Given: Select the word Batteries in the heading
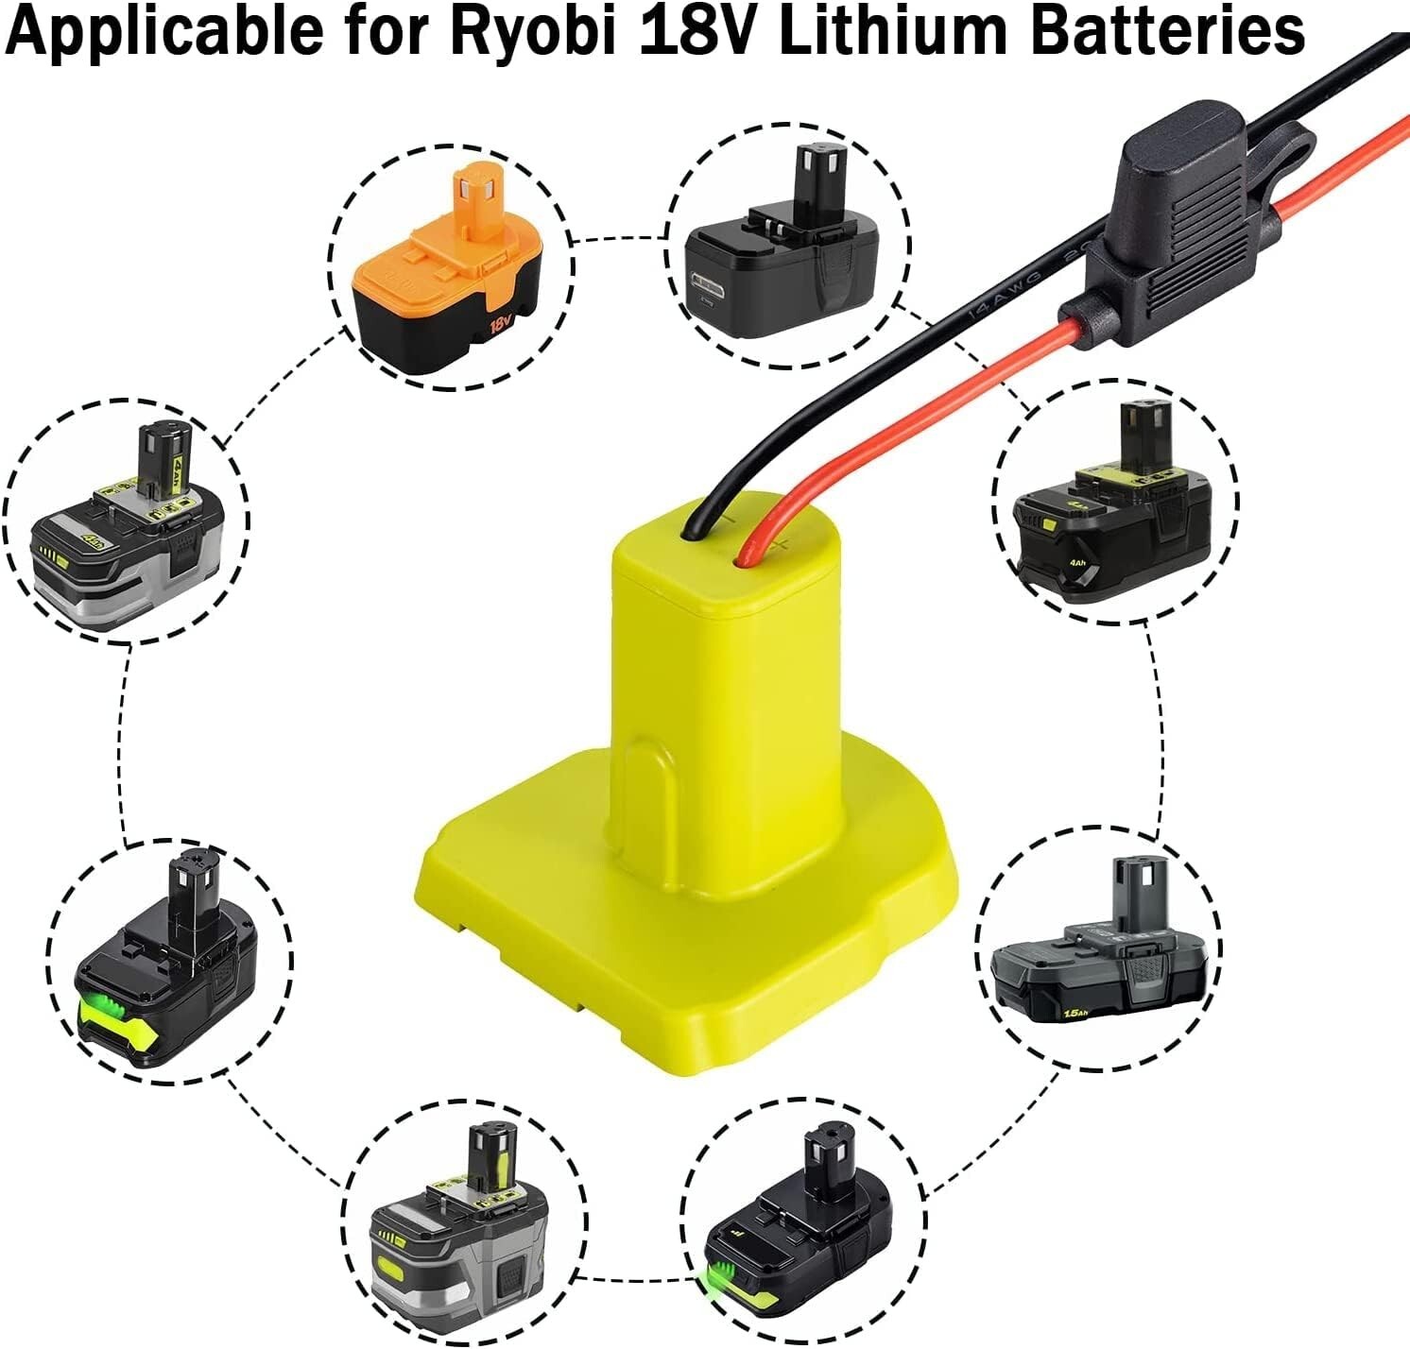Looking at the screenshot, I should tap(1167, 31).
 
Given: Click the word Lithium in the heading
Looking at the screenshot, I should tap(899, 31).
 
